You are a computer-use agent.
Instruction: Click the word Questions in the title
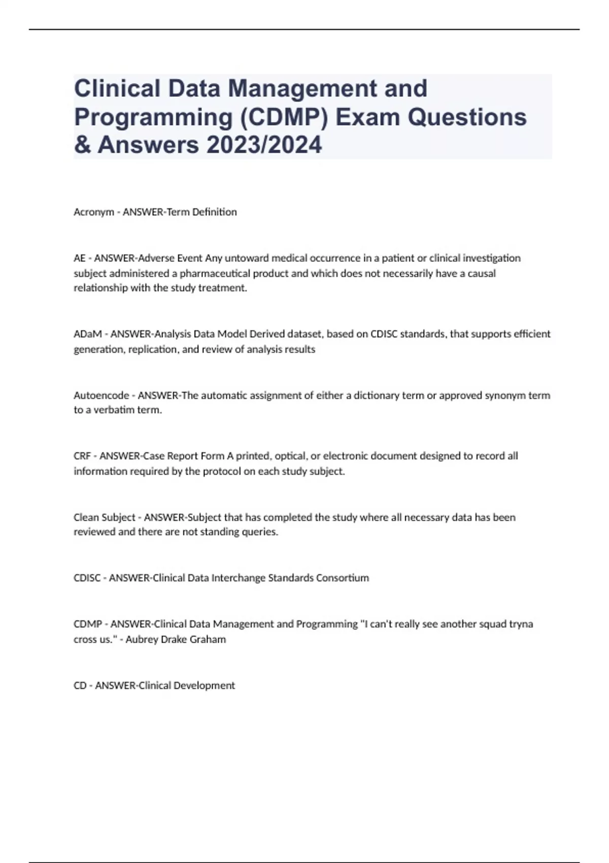pos(467,117)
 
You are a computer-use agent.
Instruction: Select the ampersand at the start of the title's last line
pos(81,145)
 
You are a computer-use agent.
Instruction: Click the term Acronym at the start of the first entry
pos(93,212)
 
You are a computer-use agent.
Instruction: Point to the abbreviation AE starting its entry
pos(79,258)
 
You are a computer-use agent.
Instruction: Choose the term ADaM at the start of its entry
pos(88,334)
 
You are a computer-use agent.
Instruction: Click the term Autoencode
pos(101,395)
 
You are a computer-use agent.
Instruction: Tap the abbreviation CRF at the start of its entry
pos(82,456)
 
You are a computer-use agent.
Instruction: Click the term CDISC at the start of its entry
pos(87,578)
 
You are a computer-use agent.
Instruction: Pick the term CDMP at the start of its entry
pos(88,624)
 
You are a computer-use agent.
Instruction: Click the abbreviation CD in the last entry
pos(80,685)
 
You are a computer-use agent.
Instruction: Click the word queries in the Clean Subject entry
pos(262,532)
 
